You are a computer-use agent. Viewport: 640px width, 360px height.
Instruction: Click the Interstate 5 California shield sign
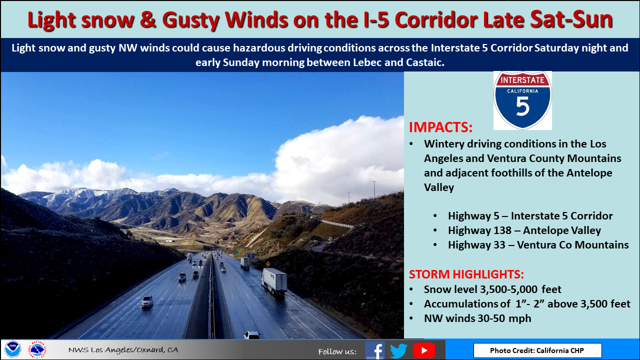(x=522, y=100)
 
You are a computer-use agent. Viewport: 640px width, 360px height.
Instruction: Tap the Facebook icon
(x=375, y=350)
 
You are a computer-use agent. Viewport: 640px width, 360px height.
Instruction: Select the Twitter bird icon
(x=399, y=350)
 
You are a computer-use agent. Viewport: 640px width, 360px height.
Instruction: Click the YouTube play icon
(x=424, y=350)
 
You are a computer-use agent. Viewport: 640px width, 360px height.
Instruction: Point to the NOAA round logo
(x=13, y=349)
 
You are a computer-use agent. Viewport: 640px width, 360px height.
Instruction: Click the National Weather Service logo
(x=37, y=349)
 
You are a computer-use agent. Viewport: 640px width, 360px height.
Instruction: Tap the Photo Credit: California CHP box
(x=537, y=350)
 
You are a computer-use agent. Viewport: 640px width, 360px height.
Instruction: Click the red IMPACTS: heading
(x=440, y=127)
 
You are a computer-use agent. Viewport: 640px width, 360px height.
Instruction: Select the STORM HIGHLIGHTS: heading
(x=466, y=274)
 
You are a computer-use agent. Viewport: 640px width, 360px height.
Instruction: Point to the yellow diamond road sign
(x=268, y=263)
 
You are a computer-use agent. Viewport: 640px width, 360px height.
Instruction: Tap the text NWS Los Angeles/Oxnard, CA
(x=123, y=349)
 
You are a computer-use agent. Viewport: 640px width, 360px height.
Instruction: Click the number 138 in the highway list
(x=501, y=230)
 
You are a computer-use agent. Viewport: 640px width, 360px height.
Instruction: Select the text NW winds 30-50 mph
(x=477, y=318)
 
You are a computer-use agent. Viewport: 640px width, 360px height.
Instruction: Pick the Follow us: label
(x=337, y=351)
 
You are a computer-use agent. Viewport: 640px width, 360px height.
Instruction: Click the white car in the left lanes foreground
(x=147, y=301)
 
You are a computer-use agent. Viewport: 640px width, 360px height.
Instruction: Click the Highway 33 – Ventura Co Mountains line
(x=538, y=245)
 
